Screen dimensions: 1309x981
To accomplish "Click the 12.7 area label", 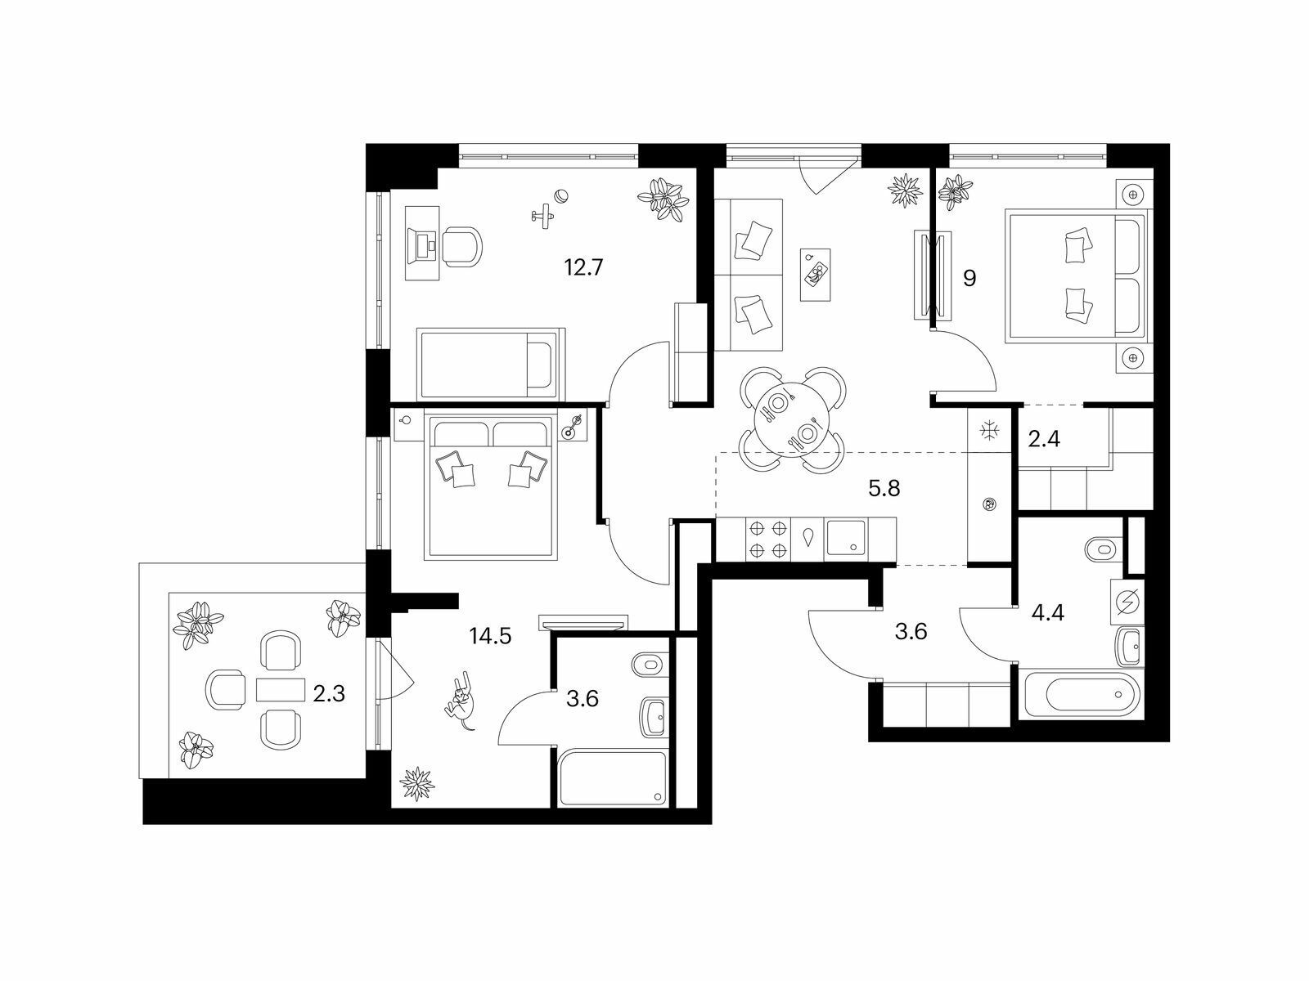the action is pos(584,267).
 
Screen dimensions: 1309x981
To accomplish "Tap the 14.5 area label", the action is pos(490,636).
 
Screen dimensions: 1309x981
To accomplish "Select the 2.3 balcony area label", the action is pos(329,694).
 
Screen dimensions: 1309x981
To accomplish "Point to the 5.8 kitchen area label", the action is pos(884,488).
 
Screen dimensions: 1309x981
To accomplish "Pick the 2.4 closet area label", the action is pos(1044,439).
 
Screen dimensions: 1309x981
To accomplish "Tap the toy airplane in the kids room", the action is pos(543,215).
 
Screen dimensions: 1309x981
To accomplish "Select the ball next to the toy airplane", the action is pos(562,196).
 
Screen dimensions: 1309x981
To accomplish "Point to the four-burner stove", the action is pos(768,539).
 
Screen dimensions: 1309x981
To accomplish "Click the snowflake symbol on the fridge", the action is pos(990,431).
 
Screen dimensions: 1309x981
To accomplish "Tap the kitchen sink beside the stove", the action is pos(846,539).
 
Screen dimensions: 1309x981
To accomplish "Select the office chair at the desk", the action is pos(461,246).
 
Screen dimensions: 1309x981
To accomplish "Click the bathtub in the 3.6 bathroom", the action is pos(612,779).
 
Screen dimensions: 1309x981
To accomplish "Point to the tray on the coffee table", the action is pos(816,275).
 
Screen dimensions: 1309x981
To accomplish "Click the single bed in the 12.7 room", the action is pos(490,363).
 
